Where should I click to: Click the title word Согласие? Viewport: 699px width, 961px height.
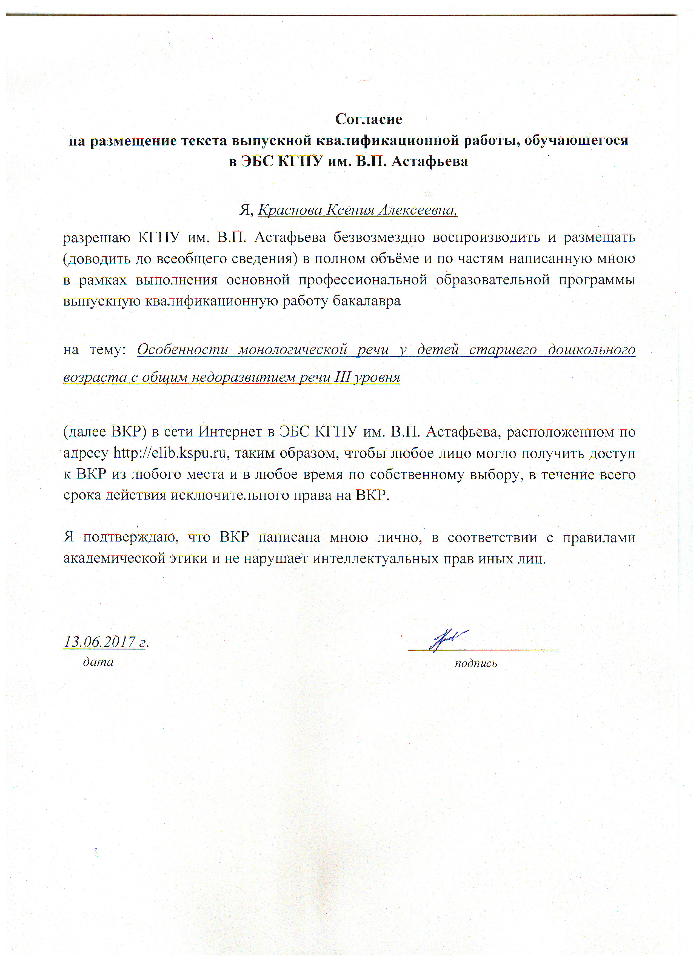pos(368,119)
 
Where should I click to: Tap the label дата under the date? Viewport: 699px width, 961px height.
pos(98,662)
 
